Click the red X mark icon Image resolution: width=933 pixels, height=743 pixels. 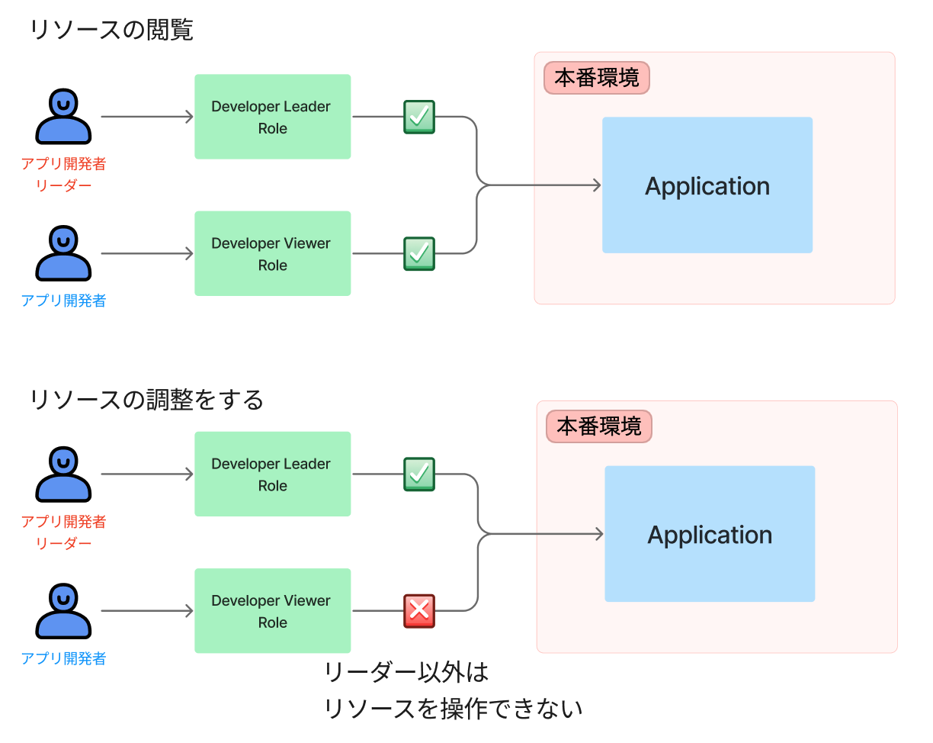click(418, 610)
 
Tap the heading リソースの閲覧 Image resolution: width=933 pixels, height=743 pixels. click(111, 31)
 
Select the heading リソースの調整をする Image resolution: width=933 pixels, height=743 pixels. click(146, 399)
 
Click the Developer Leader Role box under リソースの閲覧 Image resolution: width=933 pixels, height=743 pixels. click(272, 117)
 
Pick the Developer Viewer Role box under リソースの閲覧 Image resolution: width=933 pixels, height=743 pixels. click(272, 253)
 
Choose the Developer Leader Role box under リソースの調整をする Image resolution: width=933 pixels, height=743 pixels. click(272, 474)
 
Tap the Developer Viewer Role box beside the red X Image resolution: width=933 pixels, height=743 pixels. click(272, 610)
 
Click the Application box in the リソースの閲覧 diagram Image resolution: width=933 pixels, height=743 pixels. click(707, 185)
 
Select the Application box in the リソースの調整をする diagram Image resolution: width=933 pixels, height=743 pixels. click(710, 534)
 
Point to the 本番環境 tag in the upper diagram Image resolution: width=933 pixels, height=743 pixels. click(596, 78)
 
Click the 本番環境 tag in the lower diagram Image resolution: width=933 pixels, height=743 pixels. click(599, 426)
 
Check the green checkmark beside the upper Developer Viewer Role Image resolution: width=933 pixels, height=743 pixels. click(418, 253)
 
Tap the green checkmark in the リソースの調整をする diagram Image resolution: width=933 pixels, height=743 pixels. click(418, 474)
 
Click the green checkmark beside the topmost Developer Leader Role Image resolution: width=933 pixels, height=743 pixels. click(418, 117)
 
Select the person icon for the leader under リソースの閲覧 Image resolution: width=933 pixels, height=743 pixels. click(63, 117)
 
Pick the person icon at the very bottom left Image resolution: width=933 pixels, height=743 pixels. click(63, 611)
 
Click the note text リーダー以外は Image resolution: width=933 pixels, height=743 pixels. click(406, 673)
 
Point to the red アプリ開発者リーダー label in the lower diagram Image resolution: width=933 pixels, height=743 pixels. click(63, 532)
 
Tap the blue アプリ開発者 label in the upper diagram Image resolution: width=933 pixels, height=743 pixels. click(63, 301)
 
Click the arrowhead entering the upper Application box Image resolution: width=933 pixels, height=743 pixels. click(595, 185)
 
